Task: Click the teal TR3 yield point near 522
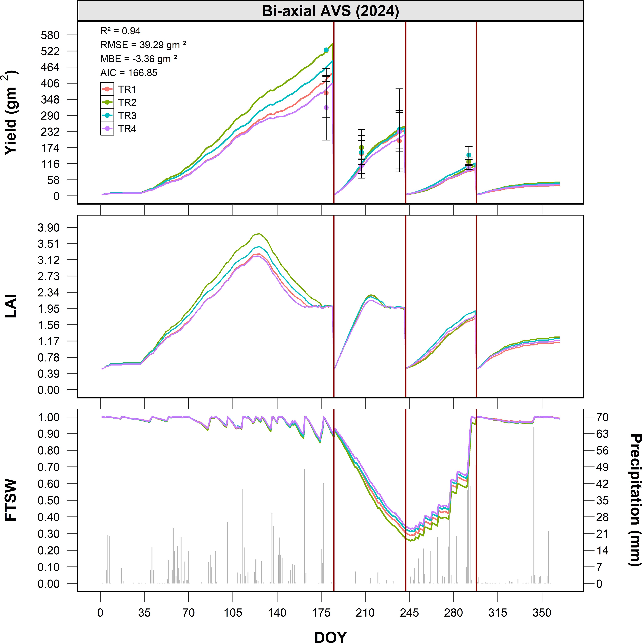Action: (326, 50)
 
